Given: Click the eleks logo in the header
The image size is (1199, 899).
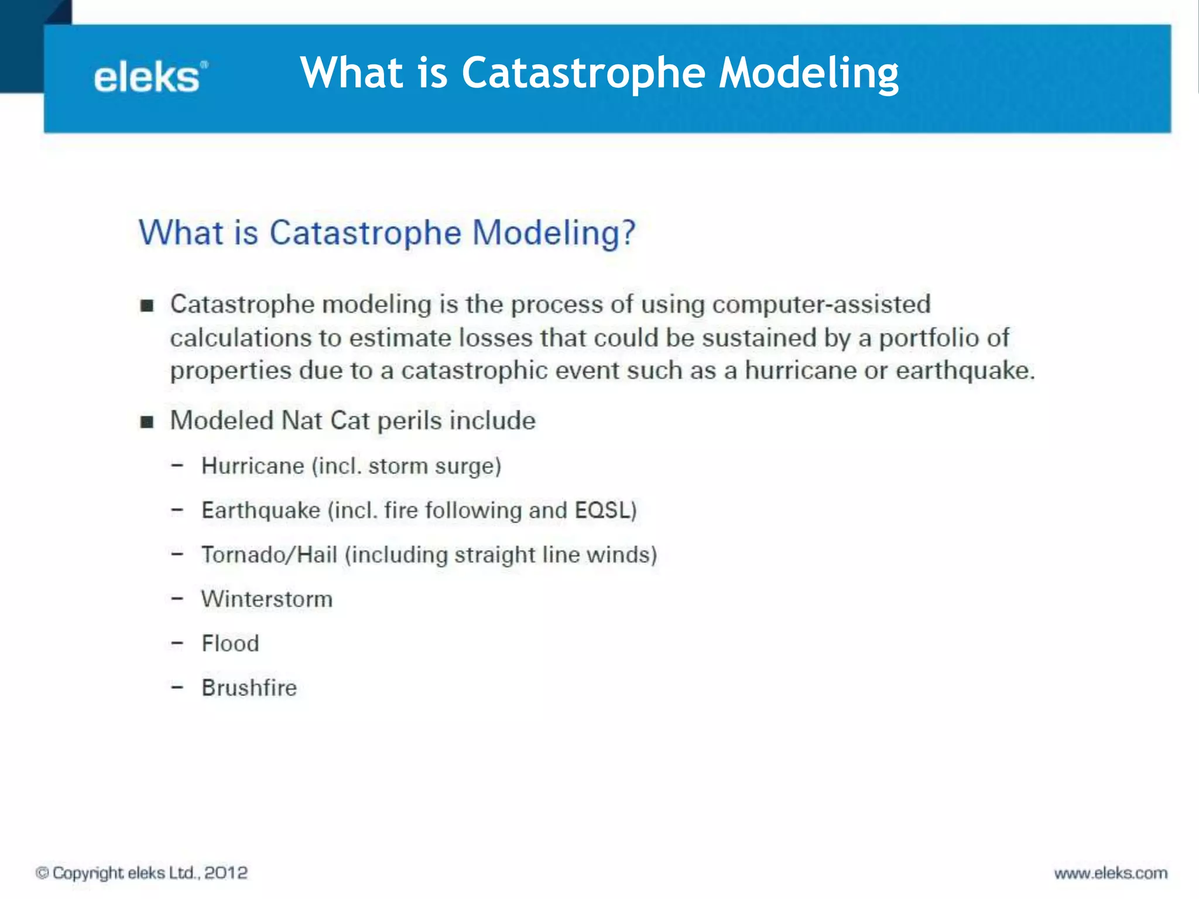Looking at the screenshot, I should pyautogui.click(x=150, y=78).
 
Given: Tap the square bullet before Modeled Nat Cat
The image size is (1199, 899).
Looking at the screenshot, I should pyautogui.click(x=147, y=421).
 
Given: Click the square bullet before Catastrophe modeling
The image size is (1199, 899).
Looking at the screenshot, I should pyautogui.click(x=147, y=306).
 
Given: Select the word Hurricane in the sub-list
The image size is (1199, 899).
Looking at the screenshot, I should pyautogui.click(x=252, y=466).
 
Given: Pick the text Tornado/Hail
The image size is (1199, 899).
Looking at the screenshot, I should pyautogui.click(x=269, y=555).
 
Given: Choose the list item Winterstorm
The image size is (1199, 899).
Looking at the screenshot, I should pyautogui.click(x=267, y=599).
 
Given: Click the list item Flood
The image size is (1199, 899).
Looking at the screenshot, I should pyautogui.click(x=230, y=643).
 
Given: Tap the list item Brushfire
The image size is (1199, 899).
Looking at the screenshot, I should pyautogui.click(x=249, y=688).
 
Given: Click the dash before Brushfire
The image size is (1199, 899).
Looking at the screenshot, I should pyautogui.click(x=177, y=687).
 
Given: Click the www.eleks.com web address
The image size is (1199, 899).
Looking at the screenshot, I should pyautogui.click(x=1111, y=873).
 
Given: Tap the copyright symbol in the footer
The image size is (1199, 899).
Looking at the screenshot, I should pyautogui.click(x=42, y=873).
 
